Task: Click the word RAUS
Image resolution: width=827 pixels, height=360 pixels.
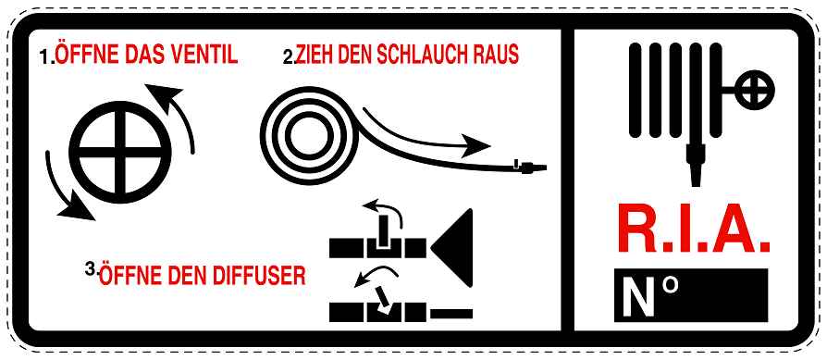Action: click(494, 55)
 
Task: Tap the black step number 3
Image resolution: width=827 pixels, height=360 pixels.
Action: click(90, 268)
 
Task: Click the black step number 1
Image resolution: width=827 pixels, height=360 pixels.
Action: click(47, 56)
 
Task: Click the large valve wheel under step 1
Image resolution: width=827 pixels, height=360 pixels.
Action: click(120, 152)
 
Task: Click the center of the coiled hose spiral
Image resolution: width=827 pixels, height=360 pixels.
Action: click(309, 136)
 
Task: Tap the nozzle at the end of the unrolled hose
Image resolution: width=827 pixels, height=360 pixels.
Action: click(531, 168)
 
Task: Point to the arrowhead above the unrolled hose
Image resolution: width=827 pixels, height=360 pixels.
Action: click(475, 145)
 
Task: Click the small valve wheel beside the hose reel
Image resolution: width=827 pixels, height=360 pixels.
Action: click(754, 90)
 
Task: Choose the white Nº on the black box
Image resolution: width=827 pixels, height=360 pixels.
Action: click(649, 294)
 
